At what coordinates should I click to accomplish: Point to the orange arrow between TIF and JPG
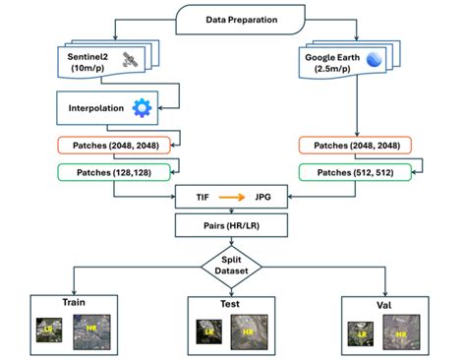[x=232, y=197]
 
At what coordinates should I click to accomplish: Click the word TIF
[x=202, y=197]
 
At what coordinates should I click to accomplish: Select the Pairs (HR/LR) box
[x=232, y=225]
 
